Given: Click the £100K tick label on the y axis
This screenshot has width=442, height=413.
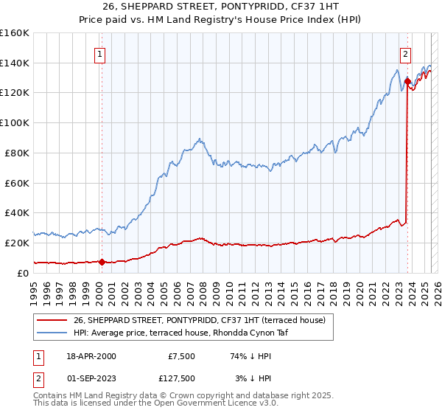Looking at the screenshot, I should coord(15,122).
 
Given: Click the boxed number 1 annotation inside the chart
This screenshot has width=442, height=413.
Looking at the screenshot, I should coord(99,53).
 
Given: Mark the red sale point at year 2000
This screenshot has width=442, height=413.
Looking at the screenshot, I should coord(102,261).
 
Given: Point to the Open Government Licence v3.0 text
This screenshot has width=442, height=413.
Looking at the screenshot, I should coord(210,403).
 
